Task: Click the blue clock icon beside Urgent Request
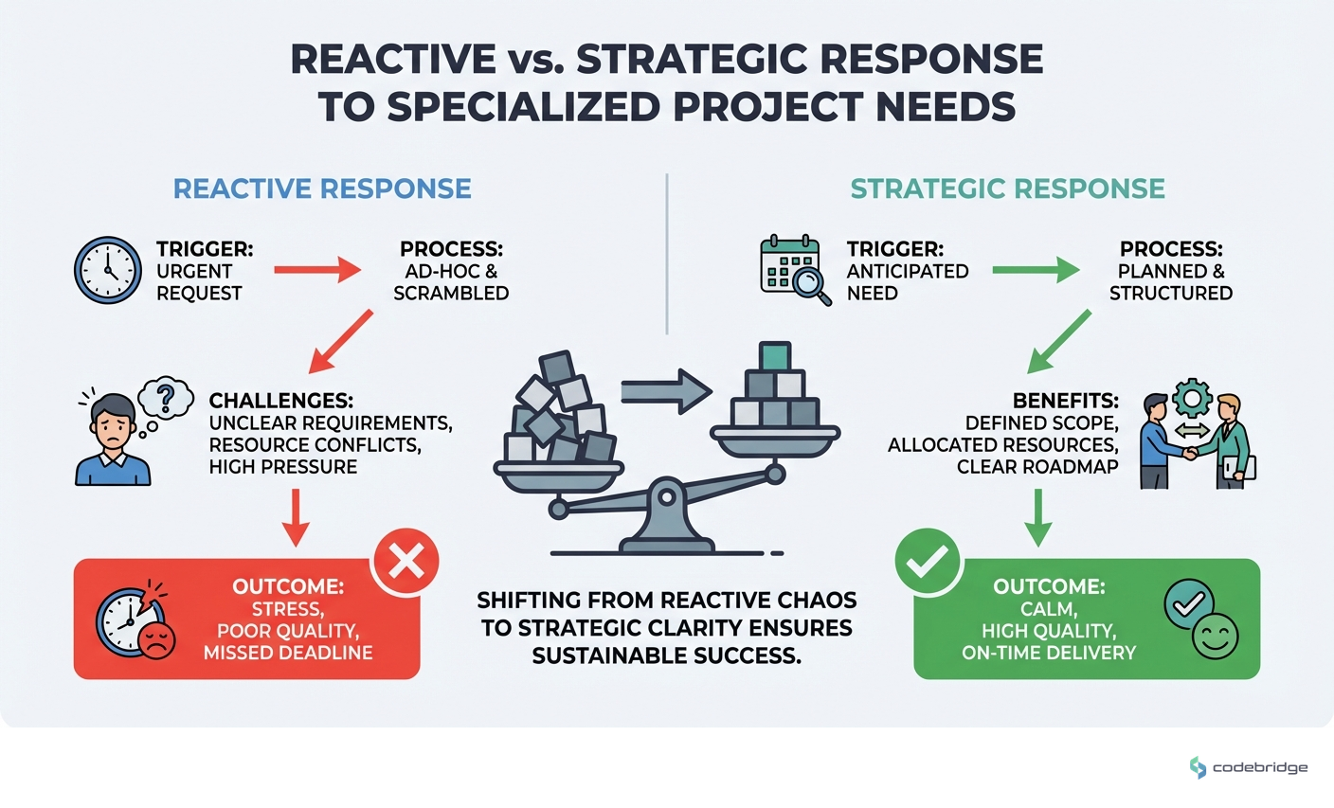[x=107, y=270]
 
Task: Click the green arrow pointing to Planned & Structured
[x=1036, y=271]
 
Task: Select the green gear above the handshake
[x=1192, y=400]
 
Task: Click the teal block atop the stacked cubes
[x=775, y=356]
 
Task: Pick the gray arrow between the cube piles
[x=666, y=389]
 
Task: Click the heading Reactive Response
[x=322, y=189]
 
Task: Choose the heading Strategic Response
[x=1008, y=189]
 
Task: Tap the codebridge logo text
[x=1260, y=767]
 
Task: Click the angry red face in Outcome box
[x=156, y=639]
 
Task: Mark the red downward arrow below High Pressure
[x=297, y=517]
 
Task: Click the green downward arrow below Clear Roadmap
[x=1038, y=517]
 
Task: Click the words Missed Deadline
[x=288, y=653]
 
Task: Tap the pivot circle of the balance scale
[x=668, y=495]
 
